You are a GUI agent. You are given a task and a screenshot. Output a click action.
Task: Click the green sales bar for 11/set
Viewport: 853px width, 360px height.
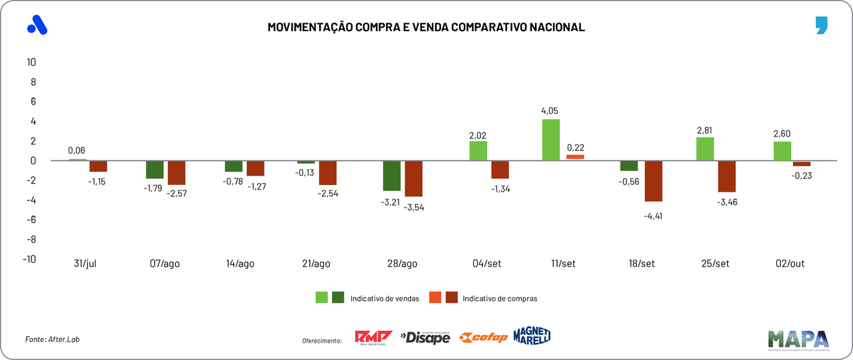(550, 140)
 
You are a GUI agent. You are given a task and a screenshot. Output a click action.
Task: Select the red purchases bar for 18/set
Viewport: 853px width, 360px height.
(654, 181)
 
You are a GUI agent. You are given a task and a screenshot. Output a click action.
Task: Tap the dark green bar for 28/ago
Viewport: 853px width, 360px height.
(392, 176)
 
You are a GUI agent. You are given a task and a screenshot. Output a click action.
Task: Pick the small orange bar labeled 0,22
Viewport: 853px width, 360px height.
(575, 157)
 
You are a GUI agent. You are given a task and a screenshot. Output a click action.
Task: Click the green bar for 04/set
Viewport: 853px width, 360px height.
(478, 151)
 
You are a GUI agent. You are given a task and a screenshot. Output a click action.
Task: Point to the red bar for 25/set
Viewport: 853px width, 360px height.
(726, 176)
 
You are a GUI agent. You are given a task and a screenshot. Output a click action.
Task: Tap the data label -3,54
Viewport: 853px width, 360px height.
(414, 207)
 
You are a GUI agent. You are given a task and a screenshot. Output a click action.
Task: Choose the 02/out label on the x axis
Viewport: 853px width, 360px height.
(791, 264)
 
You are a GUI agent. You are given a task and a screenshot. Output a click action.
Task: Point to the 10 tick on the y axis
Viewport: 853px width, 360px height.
(31, 63)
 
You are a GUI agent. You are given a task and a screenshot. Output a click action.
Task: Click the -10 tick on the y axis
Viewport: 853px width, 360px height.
(29, 260)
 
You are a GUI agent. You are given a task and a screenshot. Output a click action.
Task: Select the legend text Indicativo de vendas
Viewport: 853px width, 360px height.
(385, 299)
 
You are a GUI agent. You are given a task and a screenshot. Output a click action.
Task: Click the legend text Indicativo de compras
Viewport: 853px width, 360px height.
(500, 299)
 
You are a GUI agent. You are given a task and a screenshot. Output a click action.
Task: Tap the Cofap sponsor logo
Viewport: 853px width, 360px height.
(484, 337)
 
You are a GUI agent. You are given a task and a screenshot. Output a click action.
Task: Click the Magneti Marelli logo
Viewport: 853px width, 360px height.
(532, 336)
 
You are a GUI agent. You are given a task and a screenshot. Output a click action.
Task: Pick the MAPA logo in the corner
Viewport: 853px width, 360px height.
(798, 339)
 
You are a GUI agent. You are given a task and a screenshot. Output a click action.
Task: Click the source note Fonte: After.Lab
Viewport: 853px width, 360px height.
(57, 339)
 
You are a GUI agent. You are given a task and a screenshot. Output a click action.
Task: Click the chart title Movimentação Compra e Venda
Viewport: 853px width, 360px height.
(426, 27)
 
